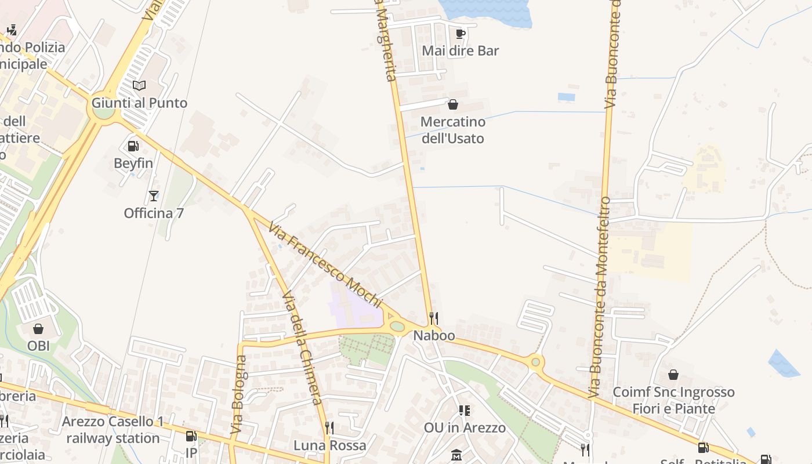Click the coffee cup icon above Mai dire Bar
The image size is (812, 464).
(461, 34)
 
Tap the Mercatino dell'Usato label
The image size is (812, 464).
(452, 130)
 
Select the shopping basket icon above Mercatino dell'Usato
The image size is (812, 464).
(453, 104)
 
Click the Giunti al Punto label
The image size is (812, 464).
(139, 103)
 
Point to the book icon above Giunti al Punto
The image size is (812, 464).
(139, 86)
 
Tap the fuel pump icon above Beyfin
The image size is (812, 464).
(133, 146)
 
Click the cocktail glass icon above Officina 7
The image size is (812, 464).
(154, 196)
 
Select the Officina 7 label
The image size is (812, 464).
(154, 213)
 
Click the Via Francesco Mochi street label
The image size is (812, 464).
(325, 264)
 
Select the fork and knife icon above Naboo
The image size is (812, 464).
(433, 318)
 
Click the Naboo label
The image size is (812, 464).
(434, 336)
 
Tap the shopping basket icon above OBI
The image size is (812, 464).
(38, 329)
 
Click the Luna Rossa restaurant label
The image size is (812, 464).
(329, 445)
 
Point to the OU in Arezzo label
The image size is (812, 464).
(465, 428)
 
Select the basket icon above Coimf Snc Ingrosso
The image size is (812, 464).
(673, 375)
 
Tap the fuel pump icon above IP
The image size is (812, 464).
(191, 436)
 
